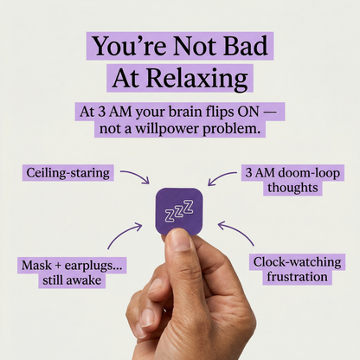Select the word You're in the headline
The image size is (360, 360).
coord(126,47)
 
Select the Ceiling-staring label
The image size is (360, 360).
coord(67,173)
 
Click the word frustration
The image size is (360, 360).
coord(291,277)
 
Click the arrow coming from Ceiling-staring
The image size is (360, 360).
coord(133,177)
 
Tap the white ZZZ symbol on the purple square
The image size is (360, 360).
coord(179,212)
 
